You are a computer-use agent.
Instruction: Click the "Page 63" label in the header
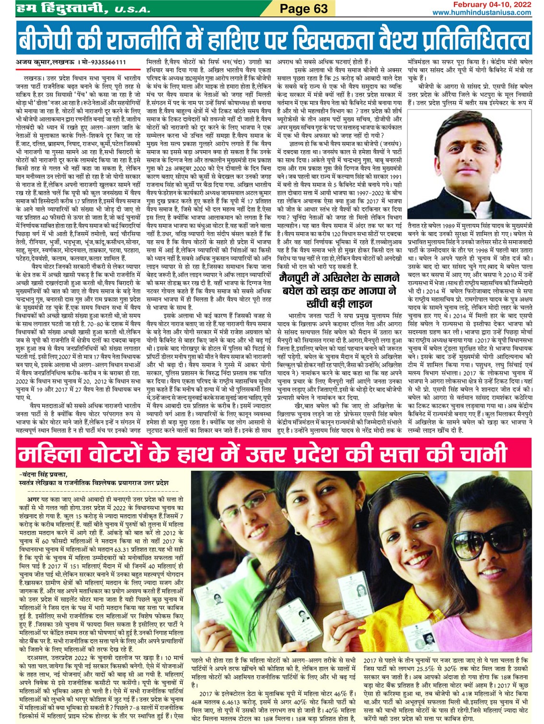(303, 8)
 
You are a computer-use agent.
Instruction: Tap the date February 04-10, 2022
(493, 4)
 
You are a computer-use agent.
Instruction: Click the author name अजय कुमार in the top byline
(34, 62)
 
